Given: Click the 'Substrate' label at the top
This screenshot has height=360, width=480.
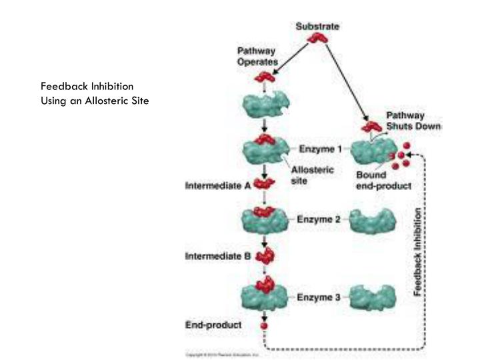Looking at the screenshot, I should [x=317, y=26].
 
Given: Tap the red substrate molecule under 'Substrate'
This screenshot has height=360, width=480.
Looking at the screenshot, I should [x=317, y=39].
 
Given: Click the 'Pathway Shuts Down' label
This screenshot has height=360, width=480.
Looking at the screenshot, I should [x=414, y=121].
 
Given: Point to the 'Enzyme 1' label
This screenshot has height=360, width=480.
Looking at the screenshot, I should [x=316, y=149].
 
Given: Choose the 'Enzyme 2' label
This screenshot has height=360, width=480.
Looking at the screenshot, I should [x=316, y=219].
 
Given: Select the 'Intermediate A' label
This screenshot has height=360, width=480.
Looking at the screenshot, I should [x=217, y=186].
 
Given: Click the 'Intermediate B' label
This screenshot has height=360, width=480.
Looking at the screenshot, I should [x=217, y=255].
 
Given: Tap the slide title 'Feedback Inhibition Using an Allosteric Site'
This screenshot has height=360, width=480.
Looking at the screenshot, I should [x=93, y=93].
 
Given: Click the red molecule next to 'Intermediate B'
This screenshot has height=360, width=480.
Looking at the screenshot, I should [x=265, y=255].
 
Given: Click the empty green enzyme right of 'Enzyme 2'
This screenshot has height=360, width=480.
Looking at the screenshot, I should [x=372, y=220].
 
